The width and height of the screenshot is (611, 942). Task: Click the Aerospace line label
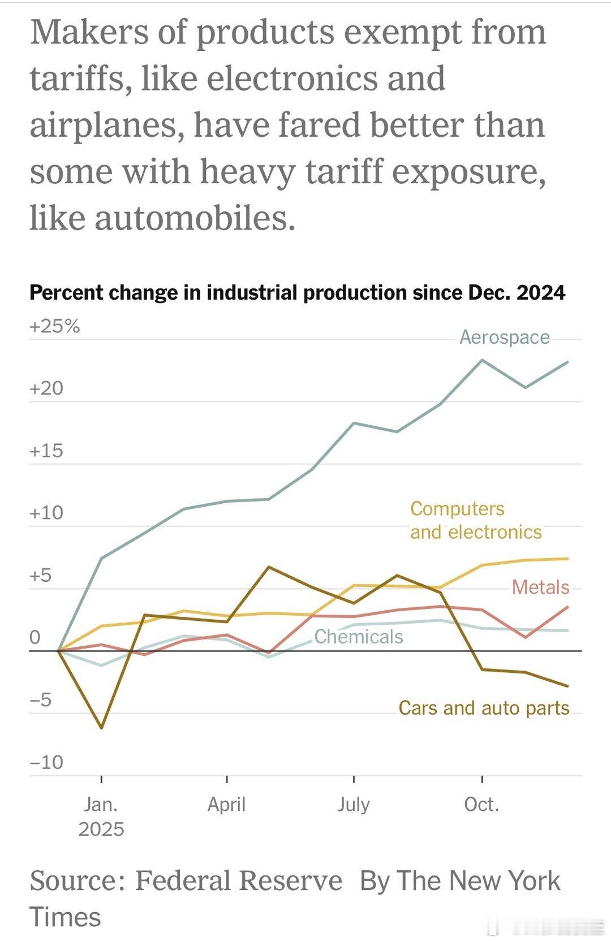pyautogui.click(x=504, y=337)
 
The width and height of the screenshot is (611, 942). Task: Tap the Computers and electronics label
pyautogui.click(x=475, y=520)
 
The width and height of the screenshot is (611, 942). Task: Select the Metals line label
pyautogui.click(x=540, y=587)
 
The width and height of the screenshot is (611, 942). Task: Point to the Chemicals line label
pyautogui.click(x=359, y=637)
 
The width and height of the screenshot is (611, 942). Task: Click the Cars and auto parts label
pyautogui.click(x=484, y=708)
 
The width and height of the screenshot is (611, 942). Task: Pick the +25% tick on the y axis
pyautogui.click(x=55, y=326)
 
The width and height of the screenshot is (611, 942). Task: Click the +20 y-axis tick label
pyautogui.click(x=46, y=388)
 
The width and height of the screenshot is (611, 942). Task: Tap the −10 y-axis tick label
pyautogui.click(x=46, y=762)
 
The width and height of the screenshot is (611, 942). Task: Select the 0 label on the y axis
pyautogui.click(x=35, y=637)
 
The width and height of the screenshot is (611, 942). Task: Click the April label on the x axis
pyautogui.click(x=226, y=804)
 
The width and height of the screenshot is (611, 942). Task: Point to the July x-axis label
pyautogui.click(x=354, y=804)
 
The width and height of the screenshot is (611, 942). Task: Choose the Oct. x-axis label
pyautogui.click(x=481, y=804)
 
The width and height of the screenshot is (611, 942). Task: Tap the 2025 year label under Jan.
pyautogui.click(x=101, y=829)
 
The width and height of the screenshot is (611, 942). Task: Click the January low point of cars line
pyautogui.click(x=102, y=728)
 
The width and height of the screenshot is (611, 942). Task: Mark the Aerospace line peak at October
pyautogui.click(x=482, y=360)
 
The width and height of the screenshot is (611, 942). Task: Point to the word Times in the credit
pyautogui.click(x=65, y=917)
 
